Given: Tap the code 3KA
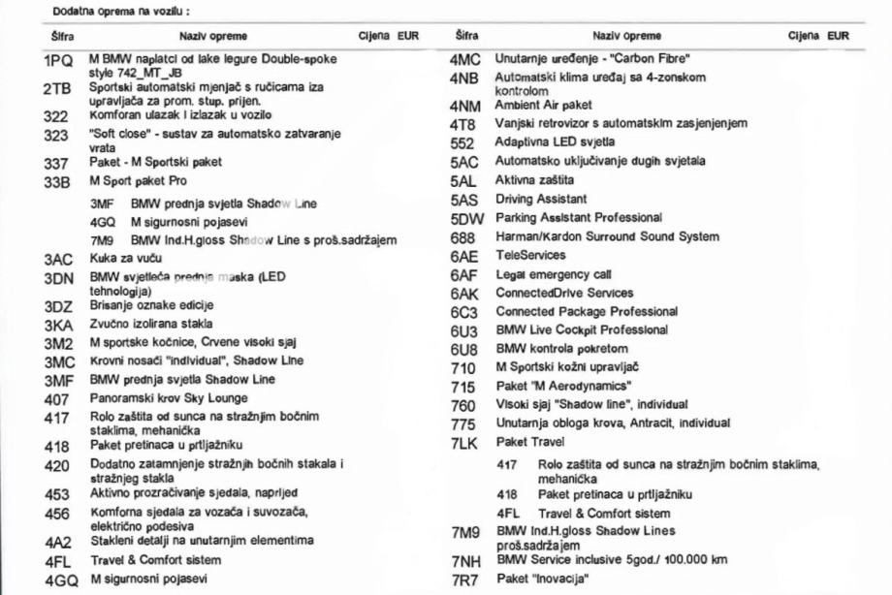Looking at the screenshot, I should tap(58, 324).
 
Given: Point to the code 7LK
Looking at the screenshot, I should tap(466, 442).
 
